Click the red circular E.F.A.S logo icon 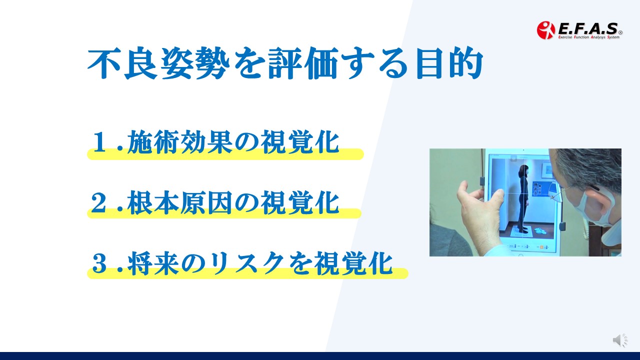point(545,30)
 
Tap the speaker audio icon point(619,340)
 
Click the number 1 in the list point(100,141)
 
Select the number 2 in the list point(99,202)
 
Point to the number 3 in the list point(99,263)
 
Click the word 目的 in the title point(449,63)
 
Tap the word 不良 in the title point(123,63)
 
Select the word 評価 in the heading point(303,63)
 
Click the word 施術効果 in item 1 point(179,141)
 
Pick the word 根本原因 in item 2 point(179,202)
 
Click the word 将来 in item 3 point(153,263)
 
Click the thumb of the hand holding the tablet point(496,200)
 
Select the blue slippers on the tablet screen point(539,230)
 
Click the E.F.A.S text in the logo point(588,28)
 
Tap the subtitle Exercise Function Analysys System point(589,37)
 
